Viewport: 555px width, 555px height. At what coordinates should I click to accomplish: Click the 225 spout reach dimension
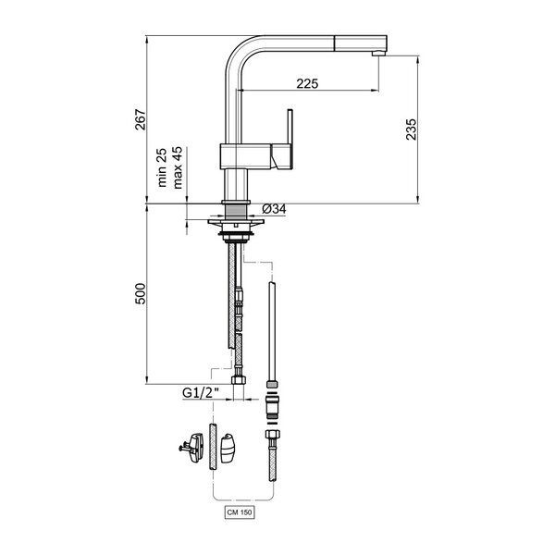[x=307, y=83]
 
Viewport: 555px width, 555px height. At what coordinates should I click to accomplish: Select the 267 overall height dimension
[x=141, y=119]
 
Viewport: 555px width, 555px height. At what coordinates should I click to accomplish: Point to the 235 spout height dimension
[x=411, y=129]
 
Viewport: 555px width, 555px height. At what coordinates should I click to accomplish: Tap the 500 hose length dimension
[x=141, y=293]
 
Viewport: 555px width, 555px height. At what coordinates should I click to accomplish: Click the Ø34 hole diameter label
[x=274, y=209]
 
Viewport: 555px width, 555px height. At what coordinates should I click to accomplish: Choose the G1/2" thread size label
[x=201, y=392]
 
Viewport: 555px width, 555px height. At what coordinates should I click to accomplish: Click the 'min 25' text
[x=162, y=167]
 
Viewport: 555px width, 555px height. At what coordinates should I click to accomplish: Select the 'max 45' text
[x=178, y=167]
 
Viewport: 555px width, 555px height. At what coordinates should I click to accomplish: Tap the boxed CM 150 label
[x=240, y=512]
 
